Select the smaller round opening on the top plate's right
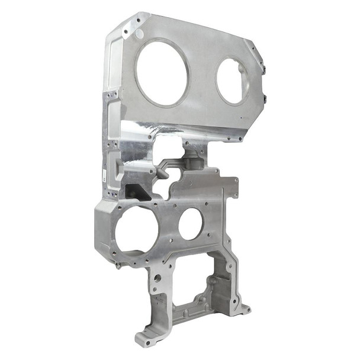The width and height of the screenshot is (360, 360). (x=233, y=81)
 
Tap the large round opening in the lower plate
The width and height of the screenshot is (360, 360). (x=137, y=229)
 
